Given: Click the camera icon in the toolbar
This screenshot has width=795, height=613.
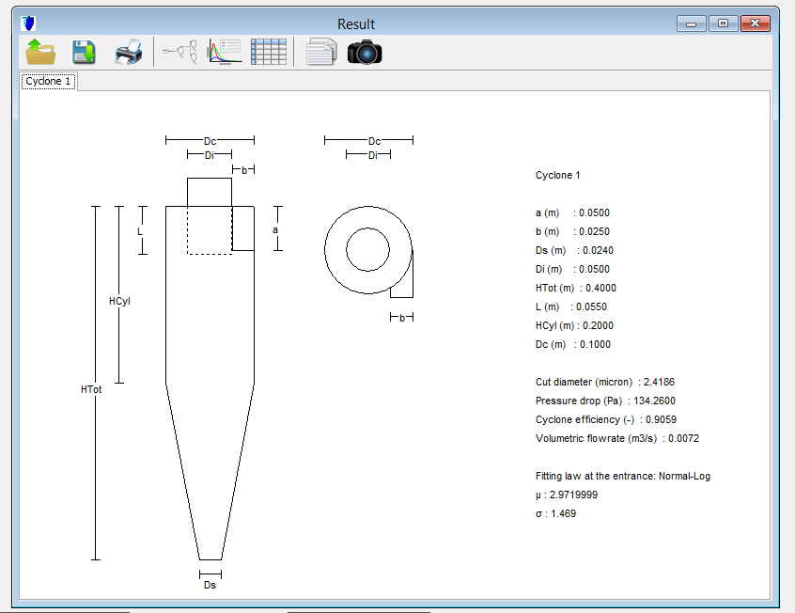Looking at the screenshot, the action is pos(365,52).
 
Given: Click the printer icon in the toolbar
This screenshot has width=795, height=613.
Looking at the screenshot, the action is pos(129,52).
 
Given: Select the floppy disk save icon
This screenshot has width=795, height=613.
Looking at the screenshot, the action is pos(84,52).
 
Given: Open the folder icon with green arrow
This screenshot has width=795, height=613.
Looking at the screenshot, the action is pos(40,52).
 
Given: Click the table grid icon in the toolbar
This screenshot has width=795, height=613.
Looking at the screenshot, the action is pos(269,52).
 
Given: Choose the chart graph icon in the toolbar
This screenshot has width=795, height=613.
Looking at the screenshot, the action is pos(224,52).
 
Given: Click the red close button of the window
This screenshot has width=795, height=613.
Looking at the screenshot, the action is pos(755,24).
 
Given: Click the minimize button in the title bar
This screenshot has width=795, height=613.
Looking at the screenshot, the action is pos(691,24).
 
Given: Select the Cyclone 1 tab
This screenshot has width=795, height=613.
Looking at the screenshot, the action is pos(48,81).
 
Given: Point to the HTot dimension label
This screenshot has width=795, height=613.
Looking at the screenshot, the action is pos(91,389).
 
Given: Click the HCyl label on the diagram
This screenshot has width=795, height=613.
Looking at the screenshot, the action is pos(119,301).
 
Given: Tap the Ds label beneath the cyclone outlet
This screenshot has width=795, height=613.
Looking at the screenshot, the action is pos(210,585).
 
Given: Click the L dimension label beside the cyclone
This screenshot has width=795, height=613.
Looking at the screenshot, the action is pos(140,231).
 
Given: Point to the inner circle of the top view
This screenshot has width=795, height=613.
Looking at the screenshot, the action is pos(368,228).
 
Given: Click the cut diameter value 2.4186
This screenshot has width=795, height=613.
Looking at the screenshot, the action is pos(659,382).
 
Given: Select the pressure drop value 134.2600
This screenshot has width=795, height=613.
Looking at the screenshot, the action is pos(655,401).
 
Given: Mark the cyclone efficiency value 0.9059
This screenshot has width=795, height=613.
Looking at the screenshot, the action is pos(662,419).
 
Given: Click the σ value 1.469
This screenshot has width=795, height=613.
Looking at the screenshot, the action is pos(563,513).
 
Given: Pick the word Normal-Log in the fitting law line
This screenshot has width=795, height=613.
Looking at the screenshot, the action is pos(684,476).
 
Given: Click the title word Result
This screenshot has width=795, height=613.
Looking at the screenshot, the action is pos(356,24).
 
